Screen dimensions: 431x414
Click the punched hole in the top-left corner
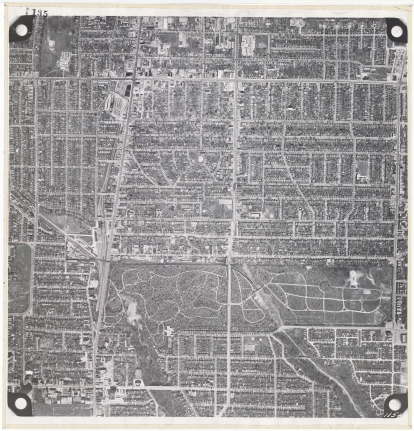point(21,30)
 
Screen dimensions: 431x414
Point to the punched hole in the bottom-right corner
point(394,403)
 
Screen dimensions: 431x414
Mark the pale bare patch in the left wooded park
point(133,310)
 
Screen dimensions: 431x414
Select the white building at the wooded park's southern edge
point(168,331)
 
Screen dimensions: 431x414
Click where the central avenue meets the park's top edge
point(229,262)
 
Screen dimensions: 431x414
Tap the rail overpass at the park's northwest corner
point(104,262)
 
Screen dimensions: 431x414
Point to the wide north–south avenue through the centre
point(233,150)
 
